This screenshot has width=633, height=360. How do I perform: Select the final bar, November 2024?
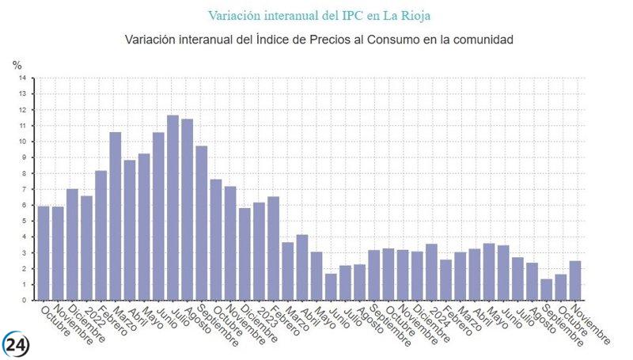575,281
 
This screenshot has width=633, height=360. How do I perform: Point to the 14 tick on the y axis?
22,78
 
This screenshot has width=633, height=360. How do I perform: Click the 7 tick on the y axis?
24,189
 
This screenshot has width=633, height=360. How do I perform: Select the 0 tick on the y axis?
24,301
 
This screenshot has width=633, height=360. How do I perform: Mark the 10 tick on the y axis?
22,142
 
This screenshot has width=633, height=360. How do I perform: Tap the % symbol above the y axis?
17,66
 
